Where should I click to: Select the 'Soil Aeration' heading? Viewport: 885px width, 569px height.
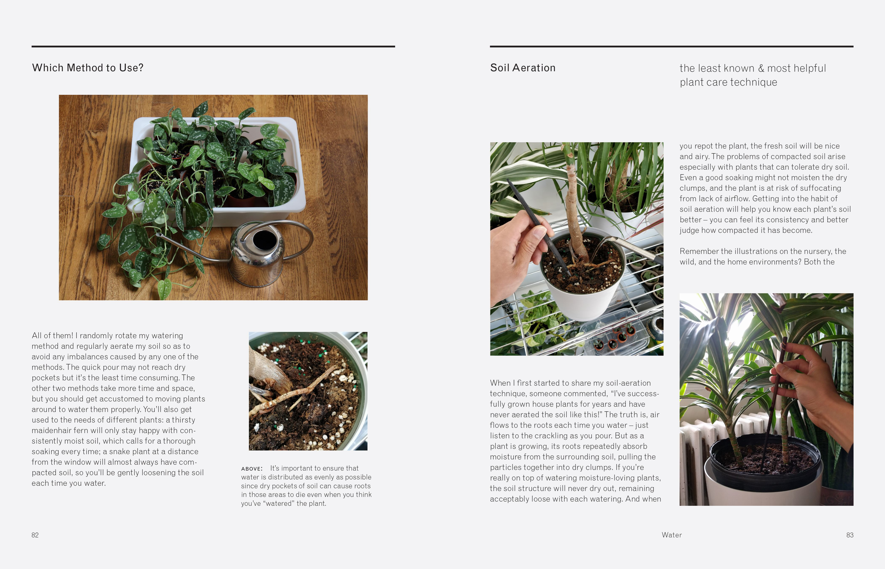click(522, 68)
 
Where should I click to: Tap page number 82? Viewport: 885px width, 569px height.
click(35, 535)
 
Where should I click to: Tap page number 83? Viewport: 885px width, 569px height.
click(850, 535)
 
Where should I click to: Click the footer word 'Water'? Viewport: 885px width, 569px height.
click(672, 535)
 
